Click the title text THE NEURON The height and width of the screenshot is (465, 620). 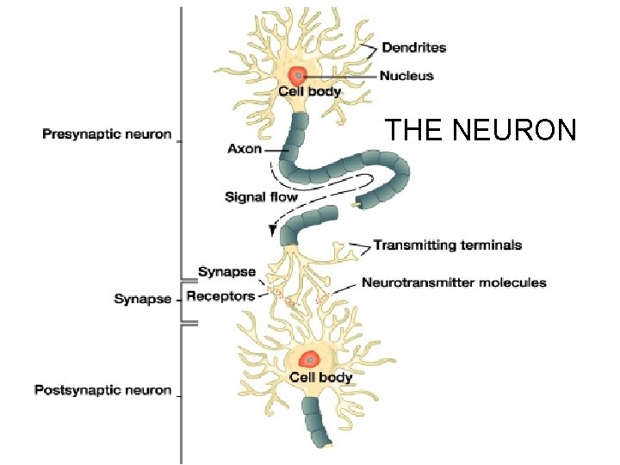[480, 131]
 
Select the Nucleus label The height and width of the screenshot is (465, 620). [407, 75]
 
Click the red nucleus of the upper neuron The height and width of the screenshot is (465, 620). [299, 75]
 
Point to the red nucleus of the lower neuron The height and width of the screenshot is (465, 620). [307, 360]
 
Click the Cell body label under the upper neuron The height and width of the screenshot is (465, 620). [309, 91]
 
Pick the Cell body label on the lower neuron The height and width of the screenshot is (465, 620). [320, 377]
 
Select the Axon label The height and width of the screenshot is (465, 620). [245, 148]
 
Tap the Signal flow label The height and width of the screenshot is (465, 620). [261, 197]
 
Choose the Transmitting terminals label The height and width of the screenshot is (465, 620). [447, 245]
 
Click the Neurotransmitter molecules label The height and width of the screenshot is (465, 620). [454, 282]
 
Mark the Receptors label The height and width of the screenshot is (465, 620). [220, 296]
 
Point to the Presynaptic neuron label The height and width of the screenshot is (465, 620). [107, 134]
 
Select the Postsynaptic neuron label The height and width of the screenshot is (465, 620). [102, 390]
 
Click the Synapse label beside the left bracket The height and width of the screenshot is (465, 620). [143, 300]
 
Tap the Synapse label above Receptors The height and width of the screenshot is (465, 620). [226, 272]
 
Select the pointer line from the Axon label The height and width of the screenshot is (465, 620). [276, 149]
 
